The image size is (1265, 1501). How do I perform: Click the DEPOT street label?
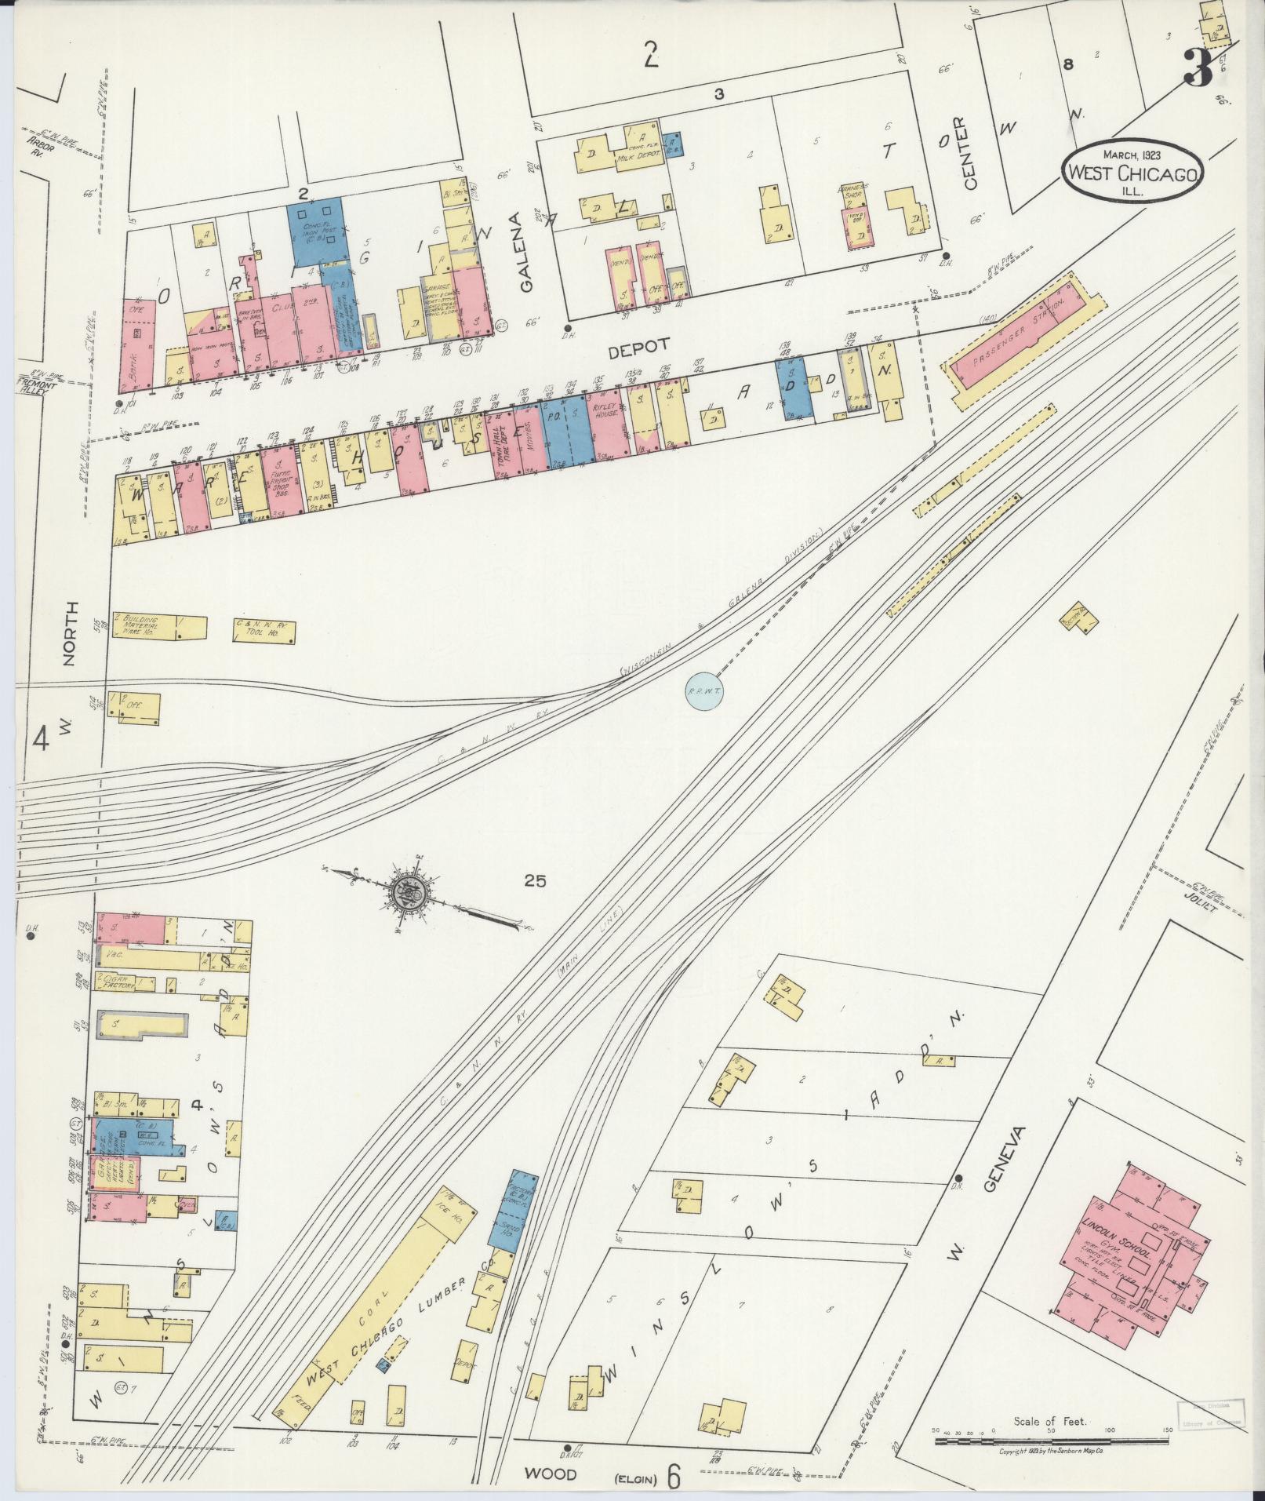point(648,344)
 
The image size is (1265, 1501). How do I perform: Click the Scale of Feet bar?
point(1051,1441)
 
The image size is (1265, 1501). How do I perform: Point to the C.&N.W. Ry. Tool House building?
point(264,629)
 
